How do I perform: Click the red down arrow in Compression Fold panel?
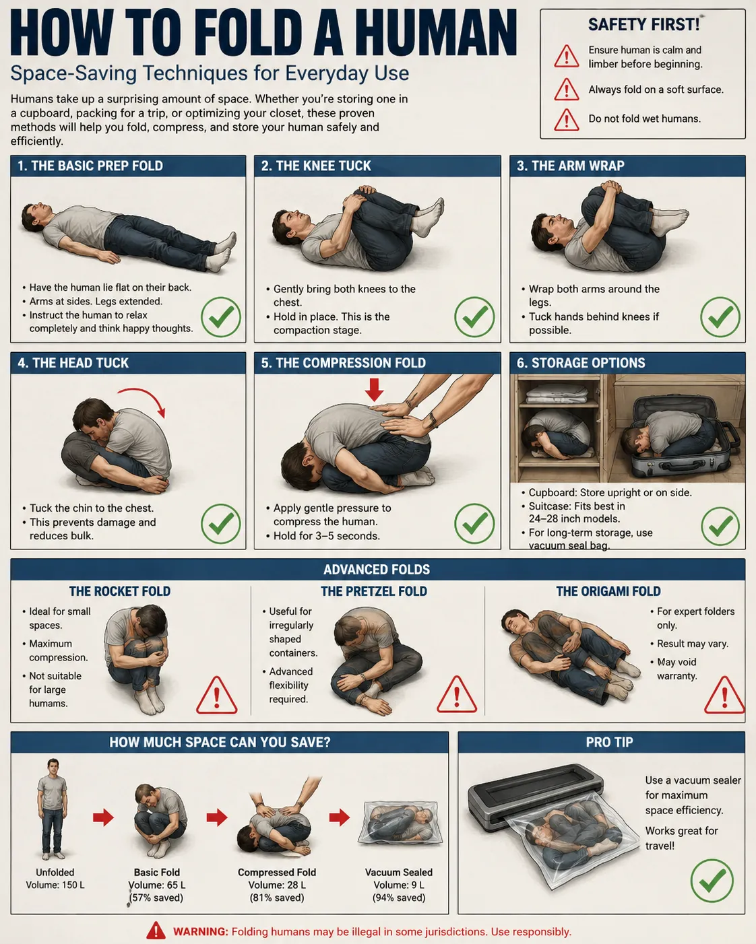(x=374, y=390)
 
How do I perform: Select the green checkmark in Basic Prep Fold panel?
(x=221, y=316)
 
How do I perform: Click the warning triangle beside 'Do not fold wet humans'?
(x=567, y=120)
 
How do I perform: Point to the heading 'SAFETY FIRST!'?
(x=643, y=24)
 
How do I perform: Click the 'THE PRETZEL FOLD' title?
(x=373, y=591)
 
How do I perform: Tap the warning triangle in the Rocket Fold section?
(x=216, y=696)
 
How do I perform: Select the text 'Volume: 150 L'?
(x=55, y=885)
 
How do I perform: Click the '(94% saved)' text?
(x=399, y=898)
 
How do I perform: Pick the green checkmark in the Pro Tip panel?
(x=712, y=881)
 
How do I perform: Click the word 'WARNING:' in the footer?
(x=201, y=932)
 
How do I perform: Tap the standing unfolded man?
(x=53, y=808)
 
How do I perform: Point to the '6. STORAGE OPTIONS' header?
(x=580, y=363)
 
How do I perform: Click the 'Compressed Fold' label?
(x=276, y=872)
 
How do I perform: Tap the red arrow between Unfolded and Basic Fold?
(x=104, y=817)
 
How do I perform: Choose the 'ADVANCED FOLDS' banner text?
(x=377, y=570)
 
